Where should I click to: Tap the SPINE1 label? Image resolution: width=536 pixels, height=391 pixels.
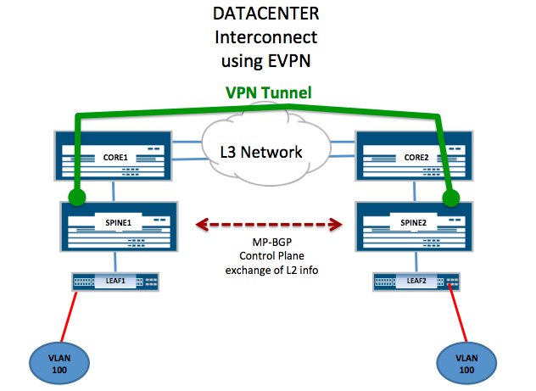[118, 223]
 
